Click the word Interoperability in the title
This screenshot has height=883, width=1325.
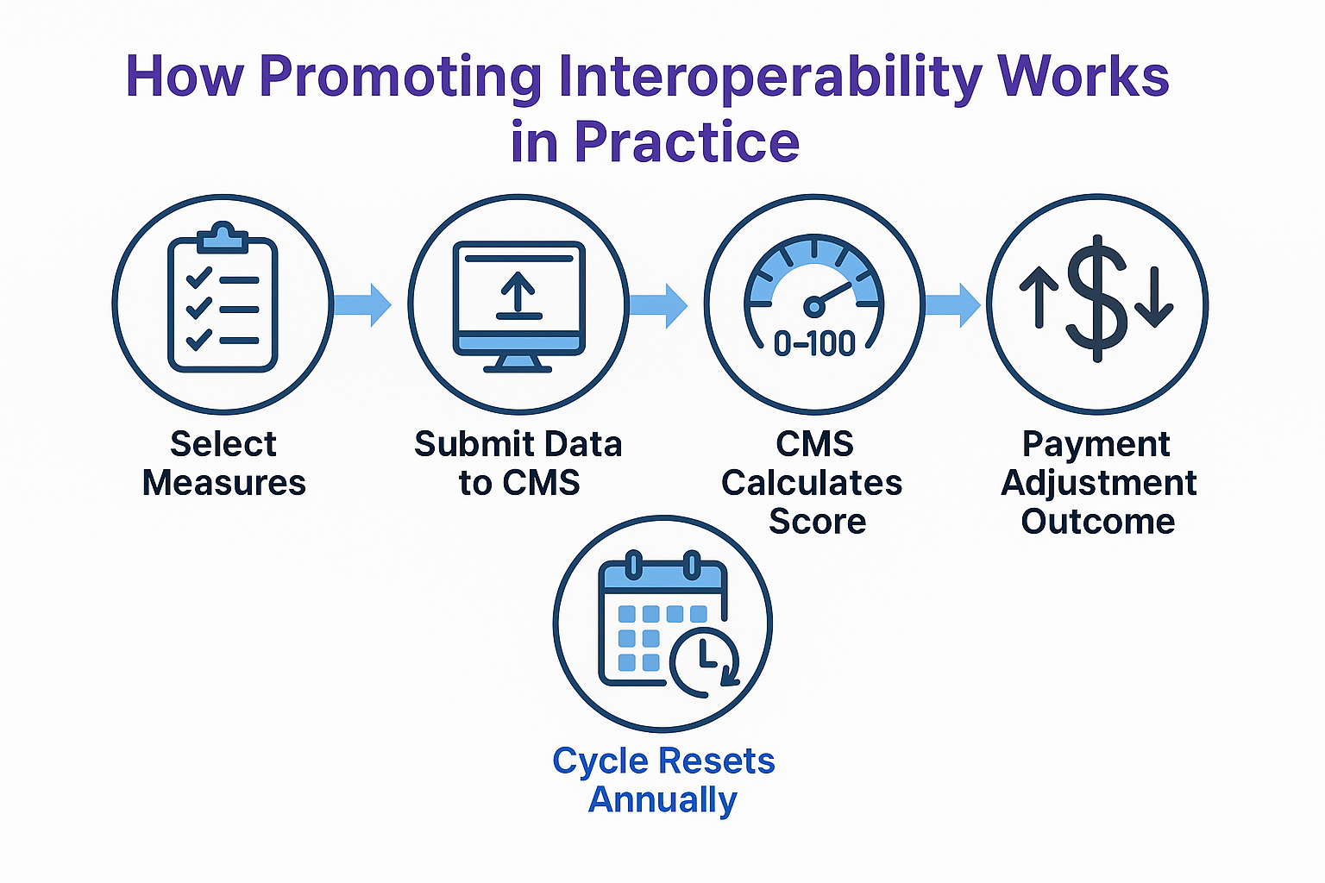point(770,78)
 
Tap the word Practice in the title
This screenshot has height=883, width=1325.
point(687,142)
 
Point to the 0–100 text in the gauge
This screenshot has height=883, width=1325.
point(814,344)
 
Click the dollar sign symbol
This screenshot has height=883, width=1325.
point(1096,297)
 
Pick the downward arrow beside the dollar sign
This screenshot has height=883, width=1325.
point(1153,299)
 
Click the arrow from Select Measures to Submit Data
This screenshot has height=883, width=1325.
point(363,304)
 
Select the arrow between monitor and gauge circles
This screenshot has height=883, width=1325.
point(658,304)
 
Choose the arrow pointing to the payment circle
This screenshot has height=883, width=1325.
point(953,304)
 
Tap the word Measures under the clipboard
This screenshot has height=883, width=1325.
point(224,483)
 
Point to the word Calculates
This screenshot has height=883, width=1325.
point(812,483)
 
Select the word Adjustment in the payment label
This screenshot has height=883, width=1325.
point(1098,483)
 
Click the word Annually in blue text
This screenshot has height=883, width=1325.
point(662,799)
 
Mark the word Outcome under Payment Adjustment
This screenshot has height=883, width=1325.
point(1098,522)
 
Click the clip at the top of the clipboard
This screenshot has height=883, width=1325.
point(223,236)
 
